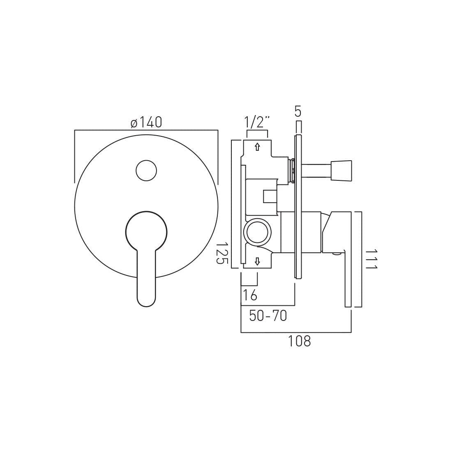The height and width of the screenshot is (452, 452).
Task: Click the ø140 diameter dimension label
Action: coord(146,122)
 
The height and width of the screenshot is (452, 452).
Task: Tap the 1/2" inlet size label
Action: coord(257,122)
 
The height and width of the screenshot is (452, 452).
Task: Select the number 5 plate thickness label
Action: coord(298,112)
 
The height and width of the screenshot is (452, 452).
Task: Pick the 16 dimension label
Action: coord(250,295)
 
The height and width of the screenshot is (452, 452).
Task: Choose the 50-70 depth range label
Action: coord(268,316)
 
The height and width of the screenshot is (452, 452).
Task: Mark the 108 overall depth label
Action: coord(299,341)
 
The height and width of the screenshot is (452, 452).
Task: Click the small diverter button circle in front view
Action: coord(146,171)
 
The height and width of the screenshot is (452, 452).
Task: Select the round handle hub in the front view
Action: coord(146,231)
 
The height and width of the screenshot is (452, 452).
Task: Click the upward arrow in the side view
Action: coord(257,147)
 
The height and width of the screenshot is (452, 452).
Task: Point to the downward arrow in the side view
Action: coord(257,261)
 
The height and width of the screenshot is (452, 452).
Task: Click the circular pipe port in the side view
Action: coord(257,232)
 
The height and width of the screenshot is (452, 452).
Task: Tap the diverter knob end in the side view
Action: coord(341,171)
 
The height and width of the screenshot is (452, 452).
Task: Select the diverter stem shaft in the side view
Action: coord(316,171)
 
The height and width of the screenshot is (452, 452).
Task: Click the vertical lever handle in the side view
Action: coord(348,279)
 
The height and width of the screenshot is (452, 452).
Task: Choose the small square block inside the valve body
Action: coord(270,196)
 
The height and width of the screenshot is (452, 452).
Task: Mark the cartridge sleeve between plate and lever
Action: coord(311,232)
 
